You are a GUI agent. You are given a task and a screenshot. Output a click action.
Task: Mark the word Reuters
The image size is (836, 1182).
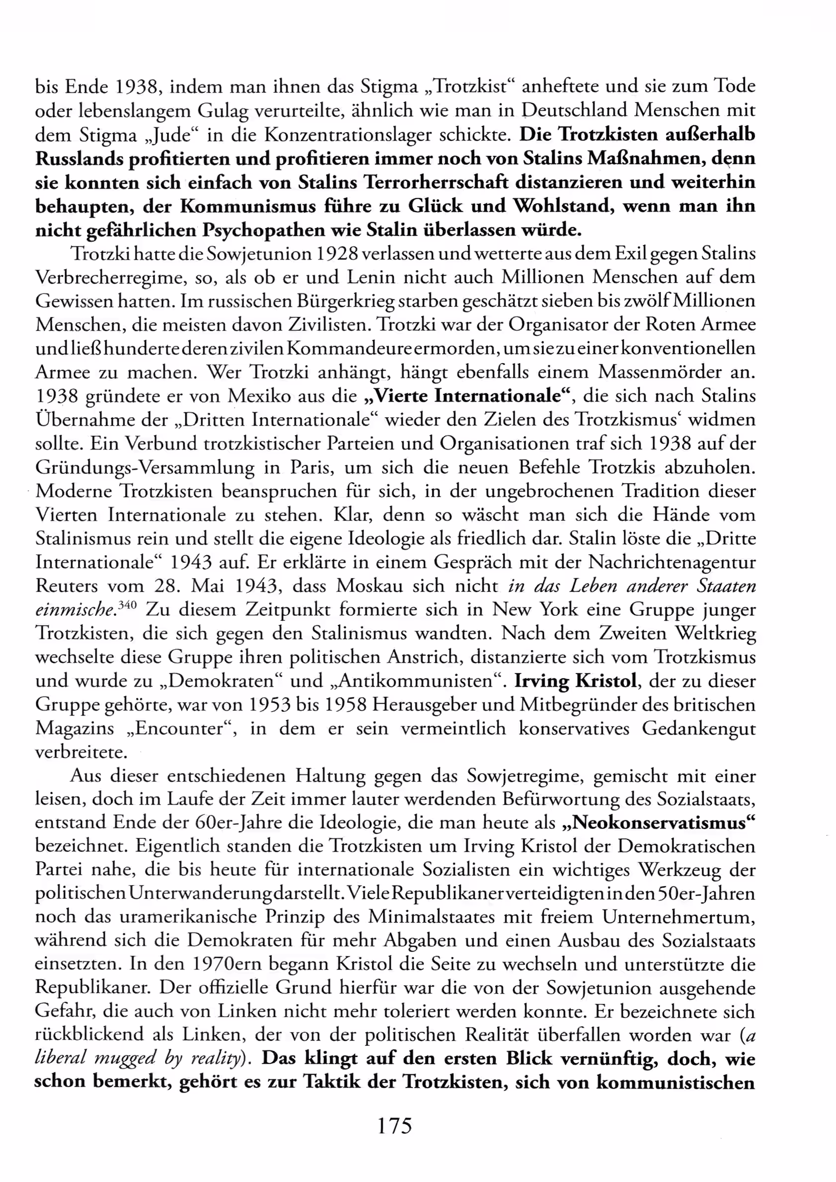click(x=67, y=586)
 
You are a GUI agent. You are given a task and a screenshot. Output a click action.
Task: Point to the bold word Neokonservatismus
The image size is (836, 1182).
click(x=660, y=822)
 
